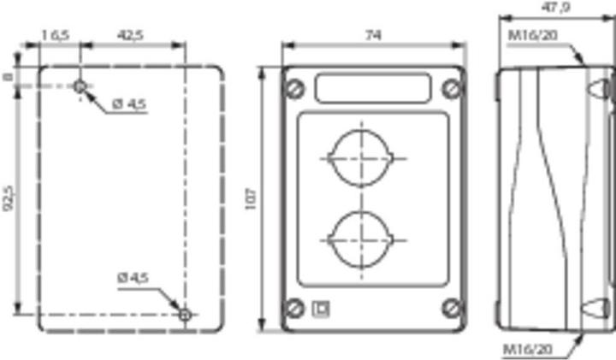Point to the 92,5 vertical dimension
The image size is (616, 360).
[8, 198]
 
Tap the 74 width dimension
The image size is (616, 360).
[373, 35]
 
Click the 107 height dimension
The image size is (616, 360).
[251, 200]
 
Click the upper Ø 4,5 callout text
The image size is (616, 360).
[129, 104]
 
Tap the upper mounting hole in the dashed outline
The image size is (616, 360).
[80, 86]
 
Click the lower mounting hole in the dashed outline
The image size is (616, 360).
[185, 315]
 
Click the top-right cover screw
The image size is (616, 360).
[450, 87]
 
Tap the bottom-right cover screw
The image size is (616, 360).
[450, 308]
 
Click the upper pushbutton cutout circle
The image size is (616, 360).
[362, 157]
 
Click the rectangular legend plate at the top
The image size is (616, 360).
[373, 87]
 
